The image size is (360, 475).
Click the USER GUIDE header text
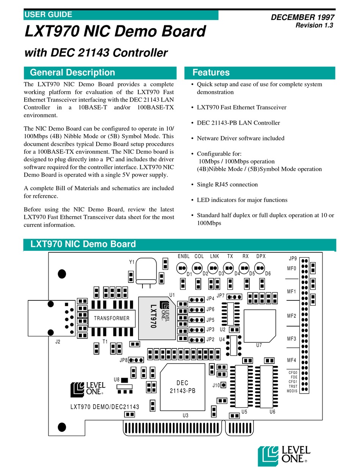[48, 15]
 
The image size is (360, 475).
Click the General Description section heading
[72, 73]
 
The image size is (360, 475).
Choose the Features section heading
[211, 73]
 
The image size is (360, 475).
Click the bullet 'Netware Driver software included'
[240, 138]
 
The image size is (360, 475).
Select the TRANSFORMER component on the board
[111, 318]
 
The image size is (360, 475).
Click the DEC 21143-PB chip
[183, 387]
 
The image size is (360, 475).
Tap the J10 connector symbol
[224, 385]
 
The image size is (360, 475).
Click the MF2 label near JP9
[291, 316]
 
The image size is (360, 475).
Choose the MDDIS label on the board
[292, 391]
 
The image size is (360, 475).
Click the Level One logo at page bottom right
[284, 454]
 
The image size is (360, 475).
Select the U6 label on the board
[272, 412]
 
